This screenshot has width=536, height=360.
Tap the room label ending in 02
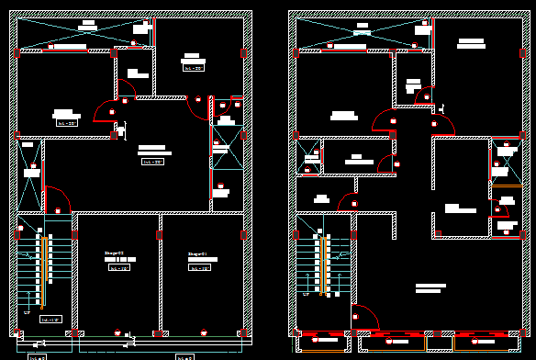pyautogui.click(x=114, y=253)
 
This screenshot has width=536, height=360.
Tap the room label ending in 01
pyautogui.click(x=196, y=253)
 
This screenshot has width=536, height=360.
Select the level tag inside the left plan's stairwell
pyautogui.click(x=51, y=319)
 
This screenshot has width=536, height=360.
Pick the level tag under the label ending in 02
pyautogui.click(x=119, y=268)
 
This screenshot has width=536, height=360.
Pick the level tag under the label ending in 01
pyautogui.click(x=200, y=268)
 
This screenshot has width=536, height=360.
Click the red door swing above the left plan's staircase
pyautogui.click(x=57, y=200)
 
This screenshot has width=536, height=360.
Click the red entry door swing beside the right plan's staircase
pyautogui.click(x=364, y=317)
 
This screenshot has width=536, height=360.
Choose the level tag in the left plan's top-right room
pyautogui.click(x=194, y=67)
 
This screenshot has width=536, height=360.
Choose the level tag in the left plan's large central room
pyautogui.click(x=152, y=162)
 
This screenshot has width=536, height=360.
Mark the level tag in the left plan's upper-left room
pyautogui.click(x=67, y=122)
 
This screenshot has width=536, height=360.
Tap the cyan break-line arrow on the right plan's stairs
pyautogui.click(x=331, y=241)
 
